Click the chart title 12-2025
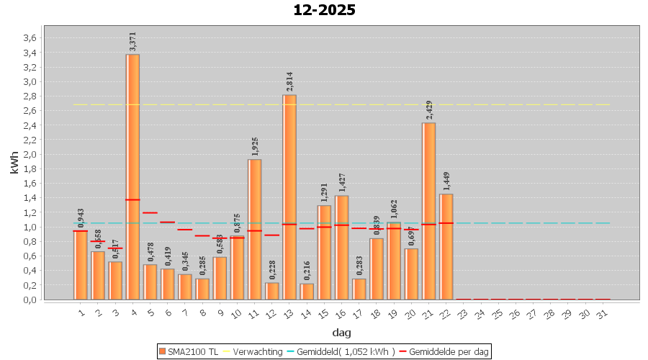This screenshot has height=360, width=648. (324, 10)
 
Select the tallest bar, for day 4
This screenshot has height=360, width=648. (132, 176)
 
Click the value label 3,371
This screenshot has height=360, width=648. (132, 41)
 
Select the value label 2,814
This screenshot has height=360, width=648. (289, 81)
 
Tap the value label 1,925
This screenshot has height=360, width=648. (255, 146)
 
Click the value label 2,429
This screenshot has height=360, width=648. (429, 109)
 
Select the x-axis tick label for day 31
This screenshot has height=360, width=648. (603, 314)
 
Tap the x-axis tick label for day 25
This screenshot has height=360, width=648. (498, 314)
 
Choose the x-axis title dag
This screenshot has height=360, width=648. (341, 333)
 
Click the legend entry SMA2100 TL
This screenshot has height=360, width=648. (189, 351)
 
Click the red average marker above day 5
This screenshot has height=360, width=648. (150, 212)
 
